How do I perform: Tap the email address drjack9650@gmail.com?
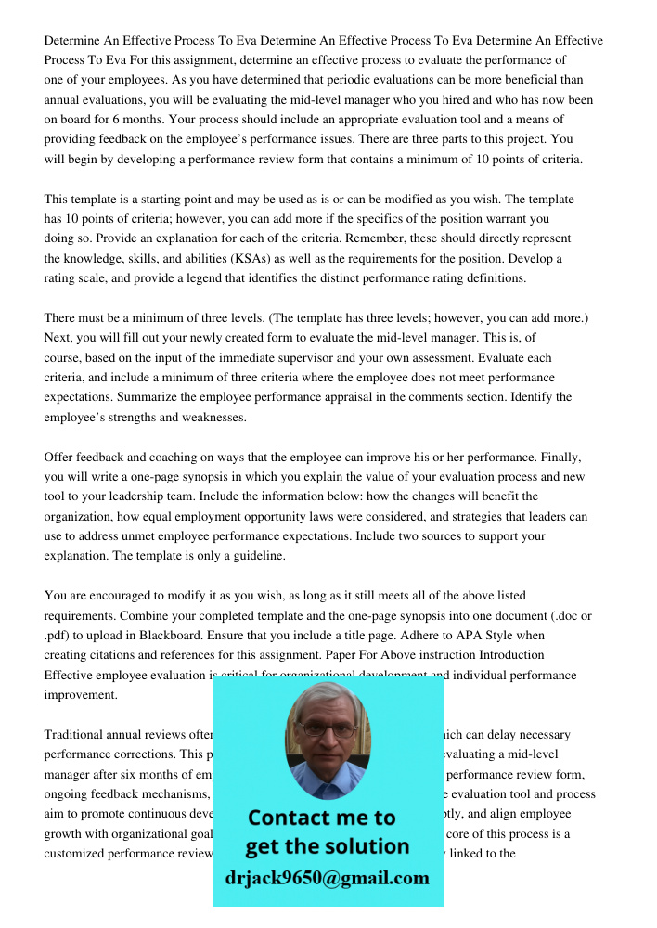click(328, 878)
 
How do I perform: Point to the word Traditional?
click(77, 736)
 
